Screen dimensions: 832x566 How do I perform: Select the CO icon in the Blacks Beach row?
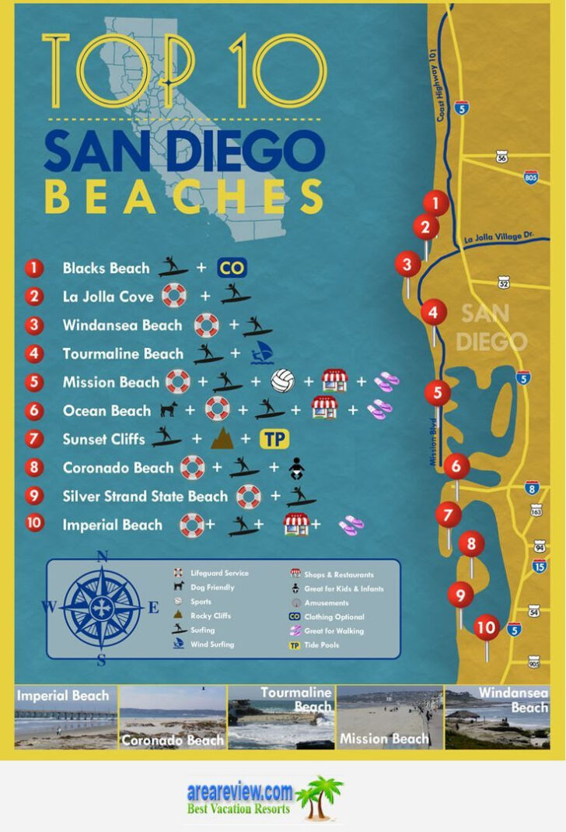(x=231, y=269)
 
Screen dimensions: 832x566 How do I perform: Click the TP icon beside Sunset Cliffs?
(x=274, y=439)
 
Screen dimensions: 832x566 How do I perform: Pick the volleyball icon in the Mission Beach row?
(x=283, y=381)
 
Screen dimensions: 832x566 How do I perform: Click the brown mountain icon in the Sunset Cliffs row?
(x=222, y=439)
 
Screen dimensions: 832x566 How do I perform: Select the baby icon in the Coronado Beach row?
(x=295, y=468)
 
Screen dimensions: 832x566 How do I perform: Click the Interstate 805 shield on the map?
(x=532, y=177)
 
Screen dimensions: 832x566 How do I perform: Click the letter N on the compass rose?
(x=102, y=555)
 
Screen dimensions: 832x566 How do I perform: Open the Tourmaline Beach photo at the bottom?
(x=281, y=717)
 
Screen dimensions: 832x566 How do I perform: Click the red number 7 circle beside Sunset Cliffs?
(x=33, y=439)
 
